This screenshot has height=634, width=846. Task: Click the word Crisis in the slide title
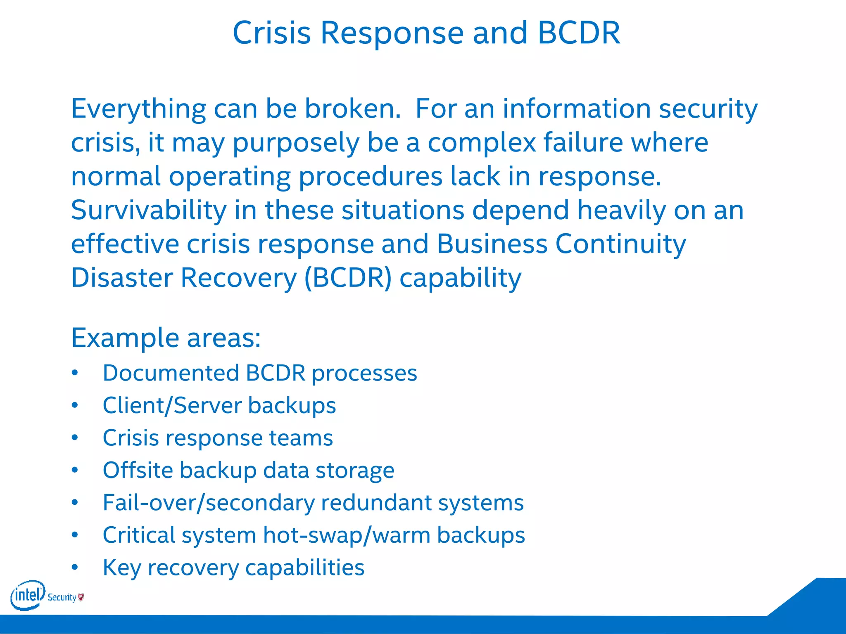point(271,33)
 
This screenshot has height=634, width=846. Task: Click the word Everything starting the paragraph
point(138,109)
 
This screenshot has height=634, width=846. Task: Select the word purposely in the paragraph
point(296,143)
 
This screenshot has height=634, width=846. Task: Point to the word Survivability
point(149,211)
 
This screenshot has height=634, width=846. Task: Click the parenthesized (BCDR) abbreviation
point(348,278)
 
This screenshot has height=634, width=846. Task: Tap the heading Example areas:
point(166,338)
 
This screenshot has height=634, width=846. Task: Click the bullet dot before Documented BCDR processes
point(75,373)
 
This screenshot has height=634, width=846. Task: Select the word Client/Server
point(172,405)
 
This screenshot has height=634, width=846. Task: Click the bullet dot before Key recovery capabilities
point(75,567)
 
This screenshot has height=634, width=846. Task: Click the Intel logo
point(27,595)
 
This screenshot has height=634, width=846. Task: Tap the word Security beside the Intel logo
point(62,597)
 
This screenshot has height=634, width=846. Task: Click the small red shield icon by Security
point(81,597)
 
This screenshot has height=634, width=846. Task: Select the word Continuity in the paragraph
point(620,244)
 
